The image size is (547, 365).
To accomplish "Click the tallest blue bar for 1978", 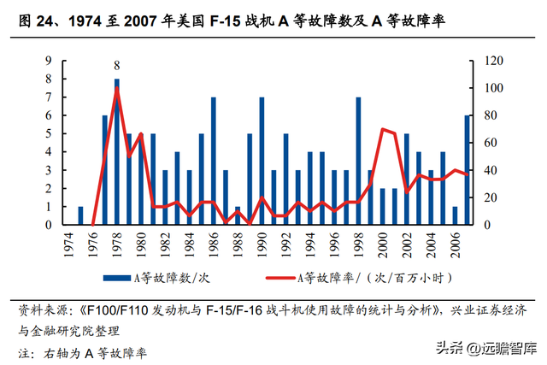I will click(x=116, y=154).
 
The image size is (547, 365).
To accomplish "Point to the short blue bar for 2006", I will click(x=455, y=215).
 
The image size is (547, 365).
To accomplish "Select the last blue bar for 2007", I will click(x=467, y=170).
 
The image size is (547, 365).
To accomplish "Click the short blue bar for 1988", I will click(x=238, y=215).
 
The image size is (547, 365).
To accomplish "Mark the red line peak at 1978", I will click(x=116, y=89).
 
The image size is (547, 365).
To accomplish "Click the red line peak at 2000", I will click(x=382, y=129).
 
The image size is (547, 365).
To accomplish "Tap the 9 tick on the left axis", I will click(x=49, y=60).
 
